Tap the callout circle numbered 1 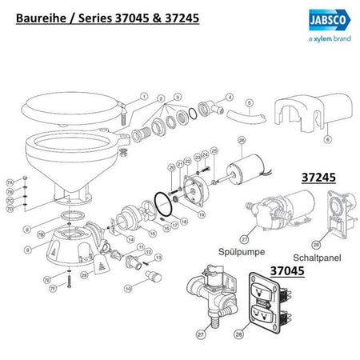coord(145,96)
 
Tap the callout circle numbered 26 coord(242,140)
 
